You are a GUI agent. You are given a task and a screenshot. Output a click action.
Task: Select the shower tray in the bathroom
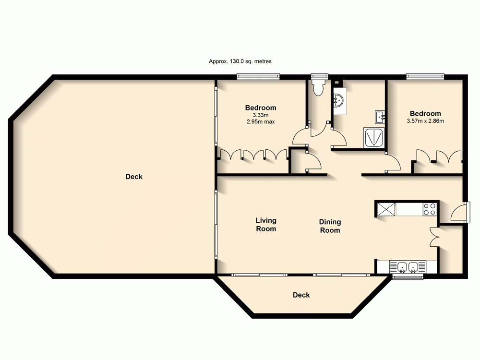tap(374, 137)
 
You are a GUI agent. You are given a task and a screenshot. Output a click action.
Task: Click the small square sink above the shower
tap(380, 116)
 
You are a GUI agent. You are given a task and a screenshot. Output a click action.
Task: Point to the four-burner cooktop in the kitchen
tap(430, 209)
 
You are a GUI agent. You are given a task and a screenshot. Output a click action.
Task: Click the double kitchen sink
tap(407, 267)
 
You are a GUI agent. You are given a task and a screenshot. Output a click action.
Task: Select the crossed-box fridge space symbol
tap(386, 209)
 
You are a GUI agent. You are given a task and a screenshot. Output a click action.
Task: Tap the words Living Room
tap(266, 225)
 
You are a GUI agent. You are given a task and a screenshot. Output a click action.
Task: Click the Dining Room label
tap(330, 226)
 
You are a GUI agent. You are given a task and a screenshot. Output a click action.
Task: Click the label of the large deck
tap(134, 177)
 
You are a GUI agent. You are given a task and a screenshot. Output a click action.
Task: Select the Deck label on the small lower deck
tap(301, 295)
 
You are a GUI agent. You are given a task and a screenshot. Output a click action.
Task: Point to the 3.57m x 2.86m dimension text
tap(425, 121)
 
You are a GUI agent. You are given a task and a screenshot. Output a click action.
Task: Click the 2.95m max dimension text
tap(261, 121)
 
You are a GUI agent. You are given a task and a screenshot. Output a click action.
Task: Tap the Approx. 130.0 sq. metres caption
tap(240, 61)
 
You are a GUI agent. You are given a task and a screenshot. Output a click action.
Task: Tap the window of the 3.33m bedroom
tap(258, 76)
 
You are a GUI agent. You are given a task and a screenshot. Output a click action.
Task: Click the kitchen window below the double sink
tap(407, 277)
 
